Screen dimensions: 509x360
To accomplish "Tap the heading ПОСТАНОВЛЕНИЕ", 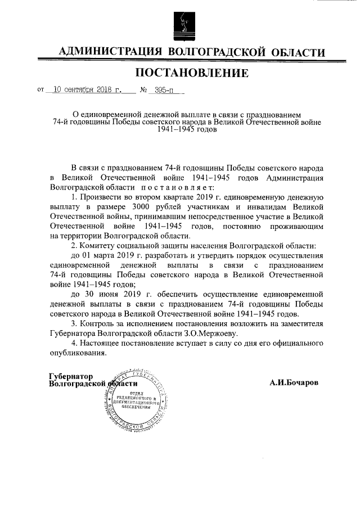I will coord(191,73).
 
